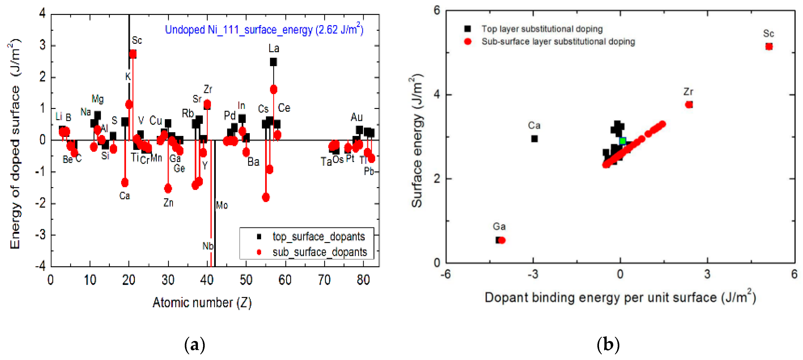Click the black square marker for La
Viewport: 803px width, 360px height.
273,62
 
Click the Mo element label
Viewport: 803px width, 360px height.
222,205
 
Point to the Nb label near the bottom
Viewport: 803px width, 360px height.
208,246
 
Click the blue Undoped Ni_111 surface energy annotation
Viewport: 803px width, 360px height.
264,30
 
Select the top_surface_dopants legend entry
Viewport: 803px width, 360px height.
318,237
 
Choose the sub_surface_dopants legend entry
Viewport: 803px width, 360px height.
320,252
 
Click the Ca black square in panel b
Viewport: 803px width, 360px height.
534,139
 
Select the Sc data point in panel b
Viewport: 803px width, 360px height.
769,46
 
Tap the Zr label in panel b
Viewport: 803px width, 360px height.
688,92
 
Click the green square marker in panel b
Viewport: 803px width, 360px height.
623,141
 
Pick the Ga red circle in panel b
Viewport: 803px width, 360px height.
502,240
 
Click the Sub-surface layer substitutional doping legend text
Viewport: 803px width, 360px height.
558,41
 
